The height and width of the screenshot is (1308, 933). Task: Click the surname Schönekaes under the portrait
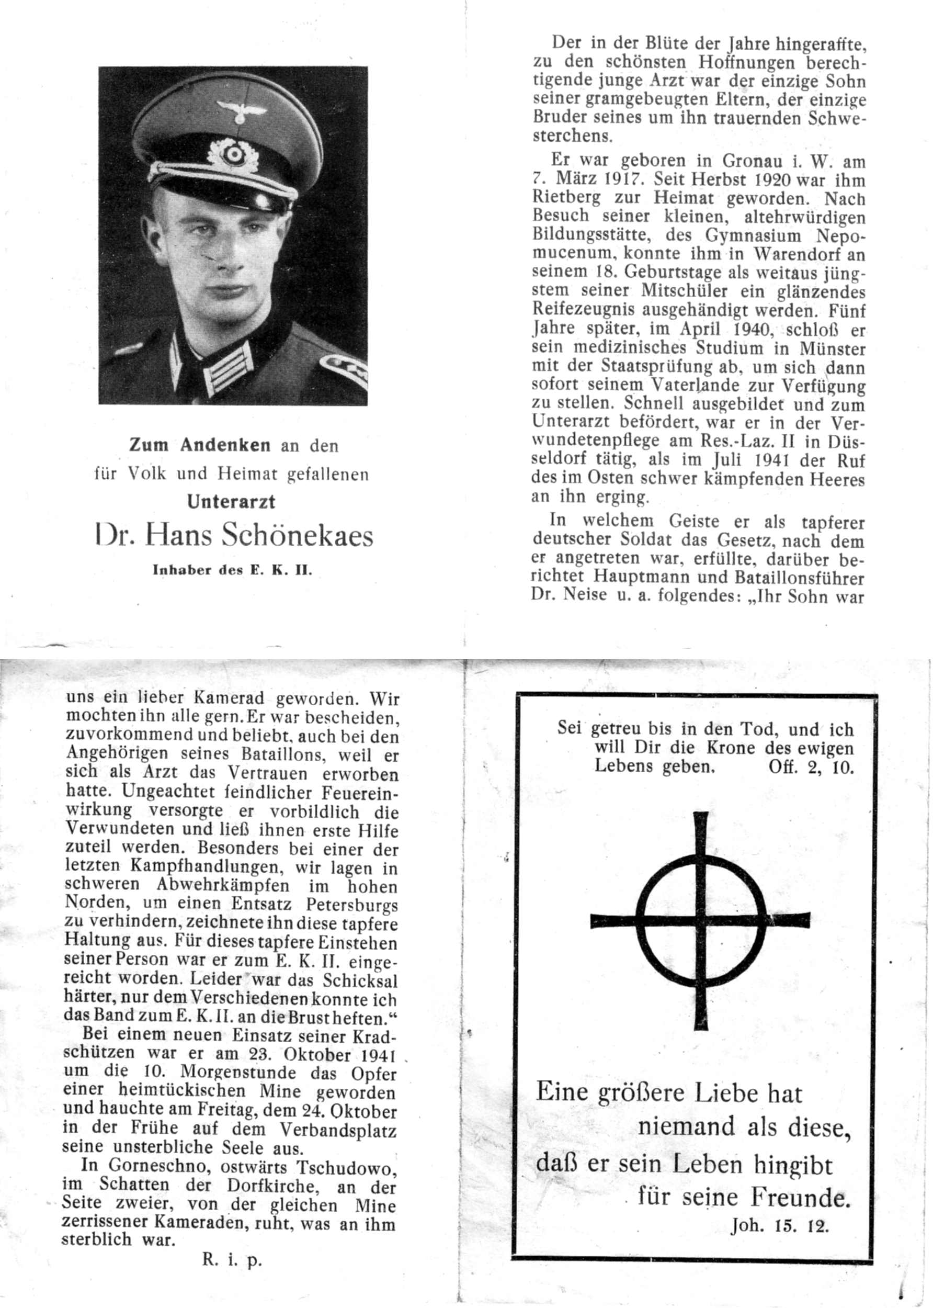[297, 536]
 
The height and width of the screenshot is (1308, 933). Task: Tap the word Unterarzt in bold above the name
[231, 502]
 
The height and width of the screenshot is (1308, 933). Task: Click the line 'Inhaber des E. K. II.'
[232, 571]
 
